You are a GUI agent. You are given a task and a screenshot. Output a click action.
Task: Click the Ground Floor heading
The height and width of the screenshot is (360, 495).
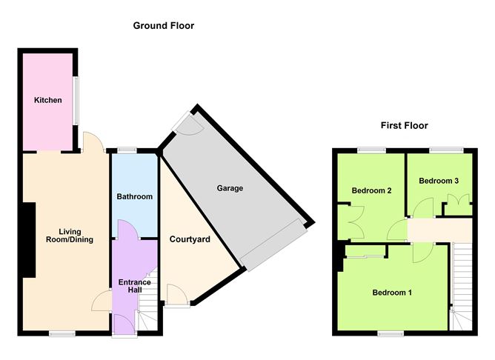(x=164, y=26)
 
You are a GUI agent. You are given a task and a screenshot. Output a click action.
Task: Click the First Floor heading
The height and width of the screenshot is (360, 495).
(x=404, y=126)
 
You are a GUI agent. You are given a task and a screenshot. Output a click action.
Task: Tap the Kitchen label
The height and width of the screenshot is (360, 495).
(x=48, y=100)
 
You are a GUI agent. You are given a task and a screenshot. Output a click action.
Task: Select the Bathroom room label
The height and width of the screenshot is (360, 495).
(x=134, y=196)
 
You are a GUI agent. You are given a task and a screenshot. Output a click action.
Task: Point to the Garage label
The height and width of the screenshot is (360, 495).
(x=230, y=188)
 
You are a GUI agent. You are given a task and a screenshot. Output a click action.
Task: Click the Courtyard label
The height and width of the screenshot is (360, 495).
(x=190, y=239)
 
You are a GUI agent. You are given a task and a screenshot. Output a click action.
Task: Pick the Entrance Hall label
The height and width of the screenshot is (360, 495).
(x=134, y=286)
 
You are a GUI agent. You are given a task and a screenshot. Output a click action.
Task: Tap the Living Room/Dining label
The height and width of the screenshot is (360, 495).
(x=70, y=236)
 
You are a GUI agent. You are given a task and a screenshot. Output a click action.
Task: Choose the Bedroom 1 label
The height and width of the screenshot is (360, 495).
(x=392, y=293)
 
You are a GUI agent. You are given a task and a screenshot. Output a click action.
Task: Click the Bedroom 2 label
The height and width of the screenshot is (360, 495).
(x=371, y=190)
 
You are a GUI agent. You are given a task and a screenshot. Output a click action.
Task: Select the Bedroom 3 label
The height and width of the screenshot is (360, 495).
(x=439, y=181)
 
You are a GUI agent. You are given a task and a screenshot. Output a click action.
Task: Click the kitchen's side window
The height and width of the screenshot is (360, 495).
(x=76, y=101)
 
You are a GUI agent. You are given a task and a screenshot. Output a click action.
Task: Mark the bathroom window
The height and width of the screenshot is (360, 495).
(x=127, y=150)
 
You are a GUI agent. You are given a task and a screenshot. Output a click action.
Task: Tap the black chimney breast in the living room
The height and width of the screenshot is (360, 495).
(x=29, y=240)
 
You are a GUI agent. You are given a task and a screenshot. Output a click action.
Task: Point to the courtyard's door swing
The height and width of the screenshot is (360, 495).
(x=177, y=294)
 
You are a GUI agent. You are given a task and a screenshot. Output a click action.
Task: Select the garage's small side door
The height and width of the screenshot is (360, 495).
(x=187, y=124)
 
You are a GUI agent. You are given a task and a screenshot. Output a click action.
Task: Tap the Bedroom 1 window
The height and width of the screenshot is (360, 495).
(x=391, y=333)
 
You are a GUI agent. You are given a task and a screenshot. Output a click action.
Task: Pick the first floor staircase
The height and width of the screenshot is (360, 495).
(x=462, y=286)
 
